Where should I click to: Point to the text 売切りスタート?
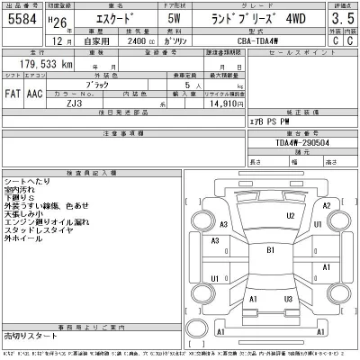tap(31, 334)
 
